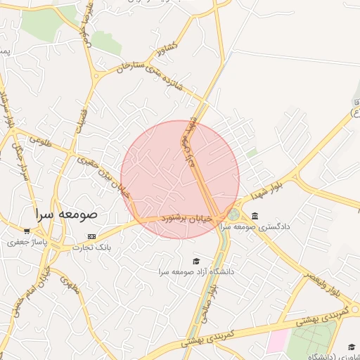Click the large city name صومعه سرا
tap(68, 212)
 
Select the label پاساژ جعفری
tap(26, 242)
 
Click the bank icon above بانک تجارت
tap(91, 236)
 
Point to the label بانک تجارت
tap(94, 247)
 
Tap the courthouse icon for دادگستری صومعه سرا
tap(254, 215)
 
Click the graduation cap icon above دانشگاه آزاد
tap(195, 260)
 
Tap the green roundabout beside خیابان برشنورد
tap(233, 214)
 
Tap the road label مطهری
tap(69, 285)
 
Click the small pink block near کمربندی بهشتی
tap(276, 341)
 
